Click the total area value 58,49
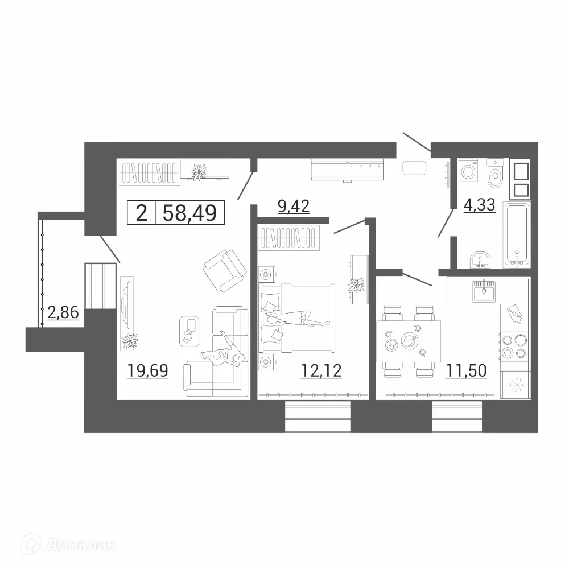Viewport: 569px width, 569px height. click(x=189, y=213)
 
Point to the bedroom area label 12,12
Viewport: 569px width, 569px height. click(x=321, y=371)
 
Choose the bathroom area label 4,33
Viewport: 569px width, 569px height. click(x=480, y=204)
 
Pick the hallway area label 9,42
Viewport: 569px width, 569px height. click(x=293, y=205)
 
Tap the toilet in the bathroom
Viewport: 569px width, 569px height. click(x=496, y=172)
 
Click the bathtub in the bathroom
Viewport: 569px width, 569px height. click(x=517, y=233)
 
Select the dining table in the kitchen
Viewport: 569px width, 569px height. click(x=409, y=341)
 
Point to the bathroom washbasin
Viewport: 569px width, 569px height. click(x=481, y=261)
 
